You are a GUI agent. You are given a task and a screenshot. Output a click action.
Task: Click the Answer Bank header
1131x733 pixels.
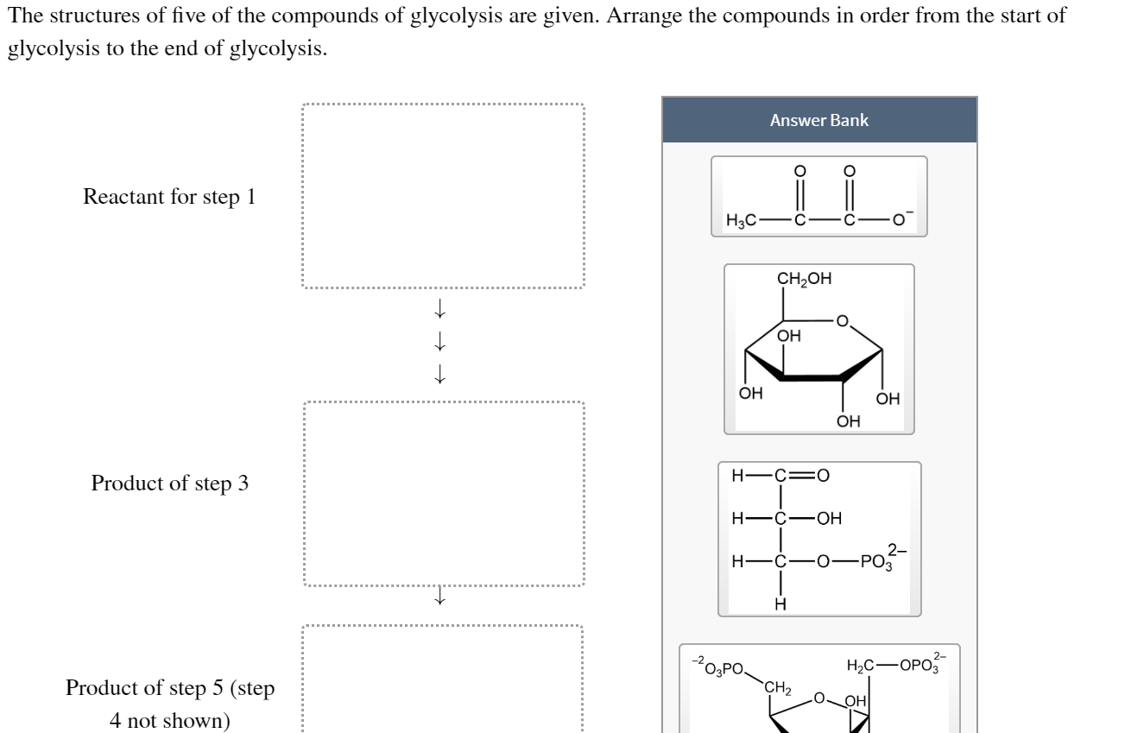[x=819, y=120]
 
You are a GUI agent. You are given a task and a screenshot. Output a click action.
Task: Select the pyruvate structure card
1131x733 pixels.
[x=818, y=197]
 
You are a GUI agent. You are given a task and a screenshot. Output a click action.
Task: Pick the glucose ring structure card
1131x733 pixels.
[x=818, y=350]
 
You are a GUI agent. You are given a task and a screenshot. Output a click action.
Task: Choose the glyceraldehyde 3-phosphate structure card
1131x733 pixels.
[x=819, y=539]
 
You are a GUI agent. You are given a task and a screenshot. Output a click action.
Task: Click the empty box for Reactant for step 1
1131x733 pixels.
[x=443, y=196]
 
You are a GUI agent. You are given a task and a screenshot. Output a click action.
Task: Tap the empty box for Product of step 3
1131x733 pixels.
[x=443, y=494]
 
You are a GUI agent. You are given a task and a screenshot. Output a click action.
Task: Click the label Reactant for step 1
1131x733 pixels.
[x=169, y=197]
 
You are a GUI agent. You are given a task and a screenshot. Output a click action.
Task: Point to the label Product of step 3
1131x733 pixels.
[x=169, y=483]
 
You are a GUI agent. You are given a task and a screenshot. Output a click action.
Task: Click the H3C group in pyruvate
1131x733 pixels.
[x=742, y=221]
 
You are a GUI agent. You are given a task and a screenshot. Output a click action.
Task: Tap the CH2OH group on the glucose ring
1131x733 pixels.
[x=805, y=279]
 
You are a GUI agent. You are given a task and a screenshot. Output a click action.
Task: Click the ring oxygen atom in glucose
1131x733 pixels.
[x=844, y=321]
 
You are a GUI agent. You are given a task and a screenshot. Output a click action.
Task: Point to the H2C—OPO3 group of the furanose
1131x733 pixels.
[x=898, y=664]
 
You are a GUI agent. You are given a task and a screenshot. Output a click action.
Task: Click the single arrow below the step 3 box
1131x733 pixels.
[x=440, y=597]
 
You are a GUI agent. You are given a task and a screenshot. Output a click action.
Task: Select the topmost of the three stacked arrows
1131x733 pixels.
[x=440, y=306]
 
